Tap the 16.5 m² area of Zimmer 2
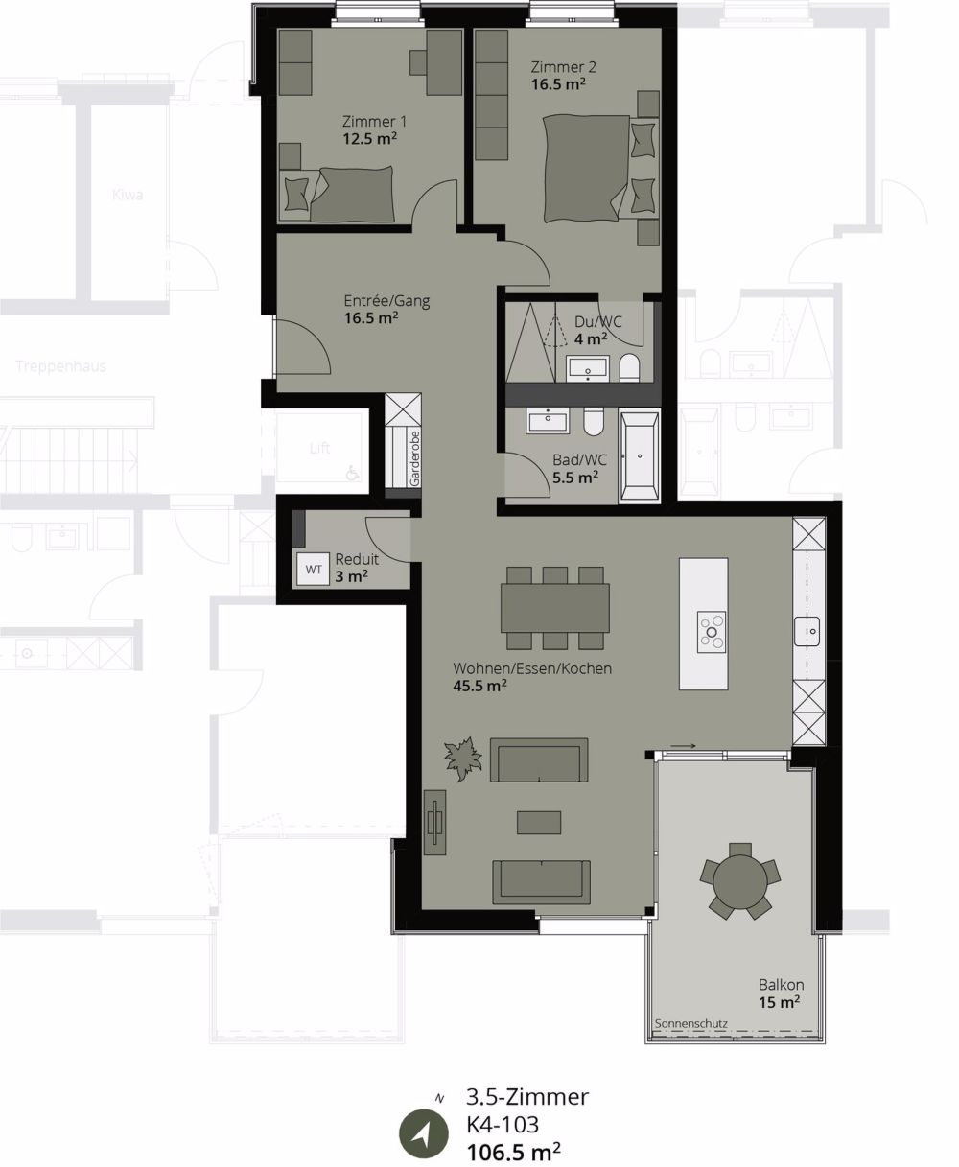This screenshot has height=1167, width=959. [559, 83]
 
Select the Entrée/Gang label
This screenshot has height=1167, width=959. [386, 301]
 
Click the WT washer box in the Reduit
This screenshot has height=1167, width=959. [314, 569]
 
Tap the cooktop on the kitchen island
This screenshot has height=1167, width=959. [712, 629]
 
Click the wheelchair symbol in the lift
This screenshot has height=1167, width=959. [353, 473]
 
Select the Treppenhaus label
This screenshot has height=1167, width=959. [61, 366]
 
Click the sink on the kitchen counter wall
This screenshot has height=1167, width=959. [808, 631]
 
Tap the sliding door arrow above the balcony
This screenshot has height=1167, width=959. [683, 745]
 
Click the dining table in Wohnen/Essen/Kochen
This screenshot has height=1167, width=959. [555, 608]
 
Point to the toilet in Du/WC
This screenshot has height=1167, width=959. [630, 367]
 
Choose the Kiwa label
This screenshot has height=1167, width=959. [127, 196]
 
